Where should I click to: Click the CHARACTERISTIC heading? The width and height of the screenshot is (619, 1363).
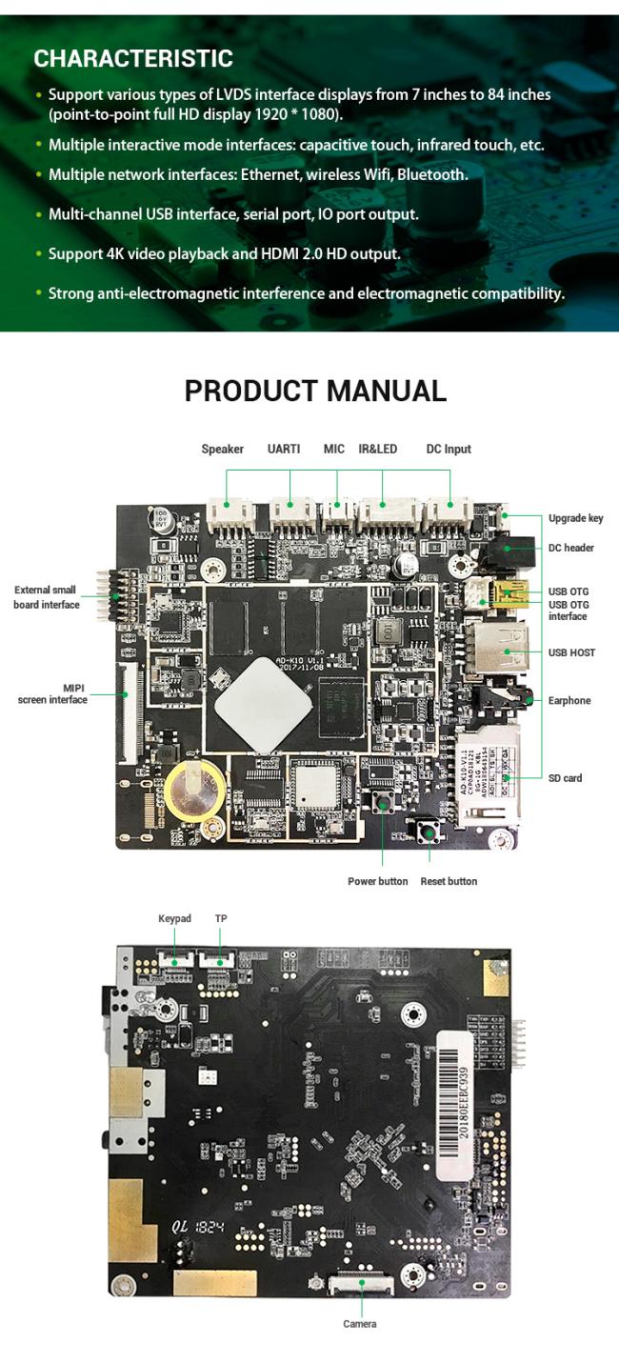(x=133, y=58)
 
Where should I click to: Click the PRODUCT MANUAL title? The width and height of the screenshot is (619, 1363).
(x=315, y=391)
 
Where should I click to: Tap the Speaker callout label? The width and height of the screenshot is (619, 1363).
(x=222, y=449)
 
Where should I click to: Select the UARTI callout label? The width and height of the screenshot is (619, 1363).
(x=284, y=449)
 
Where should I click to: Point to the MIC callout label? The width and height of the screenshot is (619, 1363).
(x=333, y=449)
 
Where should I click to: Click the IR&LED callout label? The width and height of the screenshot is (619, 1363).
(x=377, y=449)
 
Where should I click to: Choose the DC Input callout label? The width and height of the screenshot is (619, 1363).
(x=449, y=449)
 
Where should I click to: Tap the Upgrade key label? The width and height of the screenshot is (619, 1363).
(x=575, y=518)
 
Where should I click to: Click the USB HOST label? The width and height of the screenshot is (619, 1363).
(x=571, y=652)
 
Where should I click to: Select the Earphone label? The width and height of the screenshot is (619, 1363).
(x=569, y=700)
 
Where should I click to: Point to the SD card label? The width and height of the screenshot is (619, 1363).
(x=565, y=778)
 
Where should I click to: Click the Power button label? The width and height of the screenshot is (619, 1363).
(x=377, y=881)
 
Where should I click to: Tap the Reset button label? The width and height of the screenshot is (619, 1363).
(x=449, y=881)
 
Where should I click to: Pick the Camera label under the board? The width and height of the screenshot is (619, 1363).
(x=359, y=1324)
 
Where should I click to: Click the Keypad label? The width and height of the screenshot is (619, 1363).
(x=174, y=918)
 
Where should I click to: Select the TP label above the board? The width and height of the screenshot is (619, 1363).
(x=221, y=918)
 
